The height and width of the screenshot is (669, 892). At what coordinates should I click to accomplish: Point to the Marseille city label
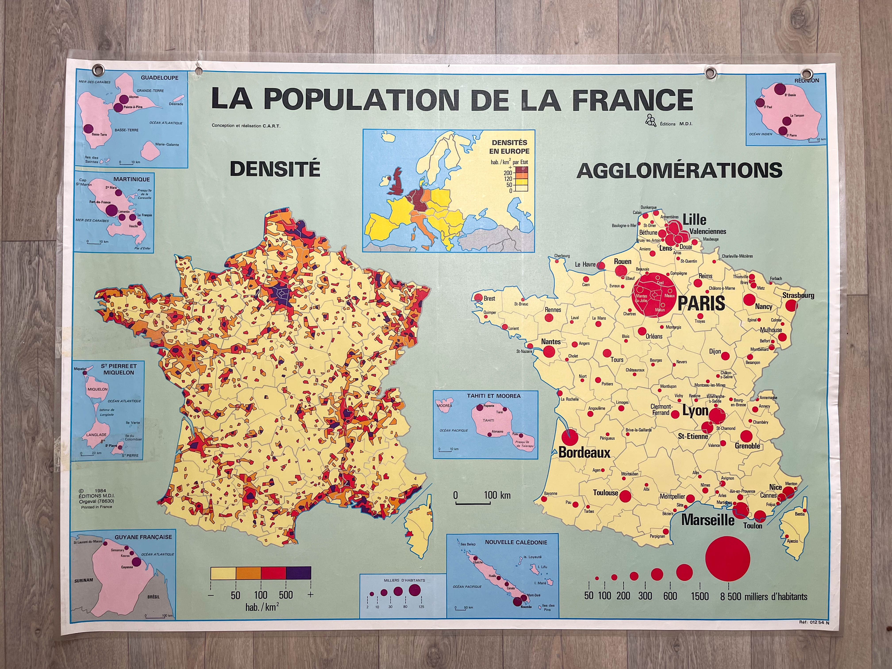click(x=708, y=520)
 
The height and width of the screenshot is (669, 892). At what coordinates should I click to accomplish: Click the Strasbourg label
click(x=798, y=295)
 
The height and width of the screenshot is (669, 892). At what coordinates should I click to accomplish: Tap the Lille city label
click(x=694, y=219)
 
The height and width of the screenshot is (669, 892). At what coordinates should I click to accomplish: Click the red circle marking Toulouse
click(x=625, y=496)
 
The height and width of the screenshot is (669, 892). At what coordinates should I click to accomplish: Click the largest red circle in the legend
click(x=727, y=559)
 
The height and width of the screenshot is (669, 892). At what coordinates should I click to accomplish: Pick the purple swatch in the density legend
click(x=298, y=572)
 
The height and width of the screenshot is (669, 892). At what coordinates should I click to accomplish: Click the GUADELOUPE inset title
click(x=159, y=78)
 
